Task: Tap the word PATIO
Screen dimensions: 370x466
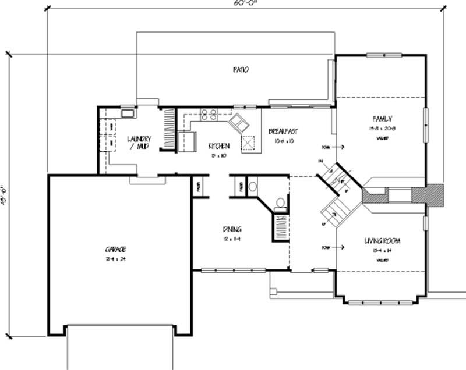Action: (x=241, y=70)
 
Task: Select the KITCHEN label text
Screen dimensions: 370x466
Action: (x=219, y=146)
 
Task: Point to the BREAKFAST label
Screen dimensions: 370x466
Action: (x=284, y=131)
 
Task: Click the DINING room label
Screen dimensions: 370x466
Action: (x=231, y=229)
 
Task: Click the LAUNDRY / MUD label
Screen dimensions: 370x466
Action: (x=139, y=142)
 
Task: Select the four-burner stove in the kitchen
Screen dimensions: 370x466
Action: (x=209, y=114)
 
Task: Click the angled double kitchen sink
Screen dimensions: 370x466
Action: (x=239, y=123)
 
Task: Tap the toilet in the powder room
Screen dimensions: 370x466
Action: (x=280, y=203)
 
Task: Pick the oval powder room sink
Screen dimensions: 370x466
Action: (x=253, y=187)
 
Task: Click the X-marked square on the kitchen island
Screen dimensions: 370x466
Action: (x=249, y=143)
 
